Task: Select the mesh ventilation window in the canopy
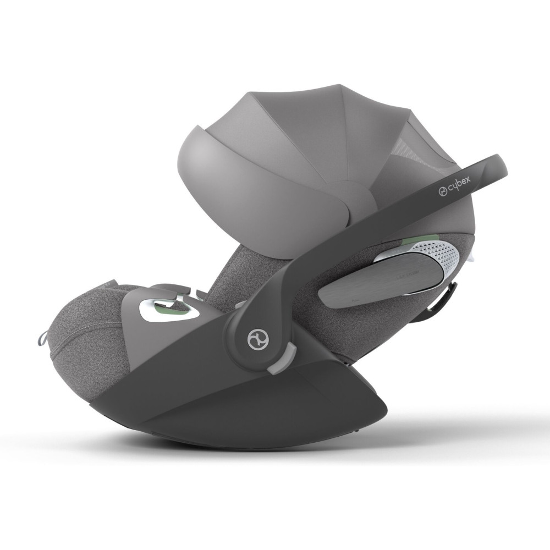426,142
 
